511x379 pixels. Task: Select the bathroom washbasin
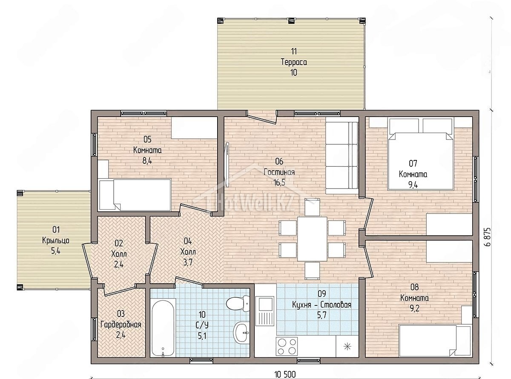point(241,333)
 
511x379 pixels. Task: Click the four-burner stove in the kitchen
point(287,347)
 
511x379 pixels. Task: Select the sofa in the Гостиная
point(342,155)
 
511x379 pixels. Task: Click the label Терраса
point(294,62)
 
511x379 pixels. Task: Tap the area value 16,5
point(279,182)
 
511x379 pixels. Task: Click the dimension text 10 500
point(285,374)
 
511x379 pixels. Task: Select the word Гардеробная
point(121,325)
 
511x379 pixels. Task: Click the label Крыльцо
point(56,240)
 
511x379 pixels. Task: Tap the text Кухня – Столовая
point(322,305)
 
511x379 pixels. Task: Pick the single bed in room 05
point(135,195)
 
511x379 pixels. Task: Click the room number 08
point(414,287)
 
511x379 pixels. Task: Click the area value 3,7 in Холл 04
point(187,262)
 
